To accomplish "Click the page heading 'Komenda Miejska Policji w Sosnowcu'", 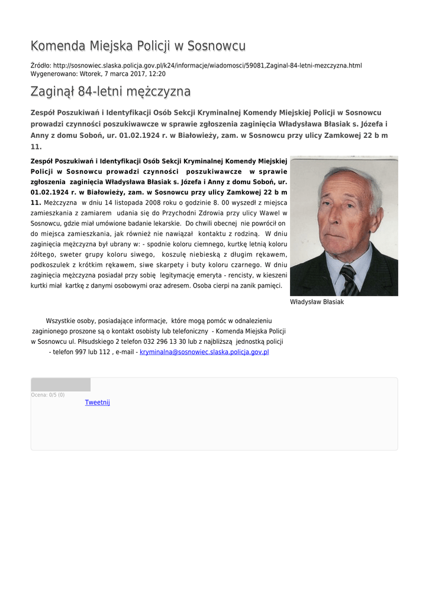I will tap(138, 46).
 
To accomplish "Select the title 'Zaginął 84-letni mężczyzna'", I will tap(111, 92).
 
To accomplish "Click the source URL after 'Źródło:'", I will tap(207, 65).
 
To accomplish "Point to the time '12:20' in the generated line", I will tap(157, 74).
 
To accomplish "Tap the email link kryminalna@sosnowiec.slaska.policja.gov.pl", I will tap(204, 352).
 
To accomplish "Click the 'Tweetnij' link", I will tap(98, 402).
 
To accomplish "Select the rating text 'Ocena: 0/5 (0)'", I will tap(48, 395).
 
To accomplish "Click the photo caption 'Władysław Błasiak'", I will tap(317, 302).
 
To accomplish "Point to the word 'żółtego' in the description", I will tap(41, 254).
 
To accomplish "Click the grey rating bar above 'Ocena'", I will tap(61, 385).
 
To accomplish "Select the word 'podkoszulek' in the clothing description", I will tap(49, 265).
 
